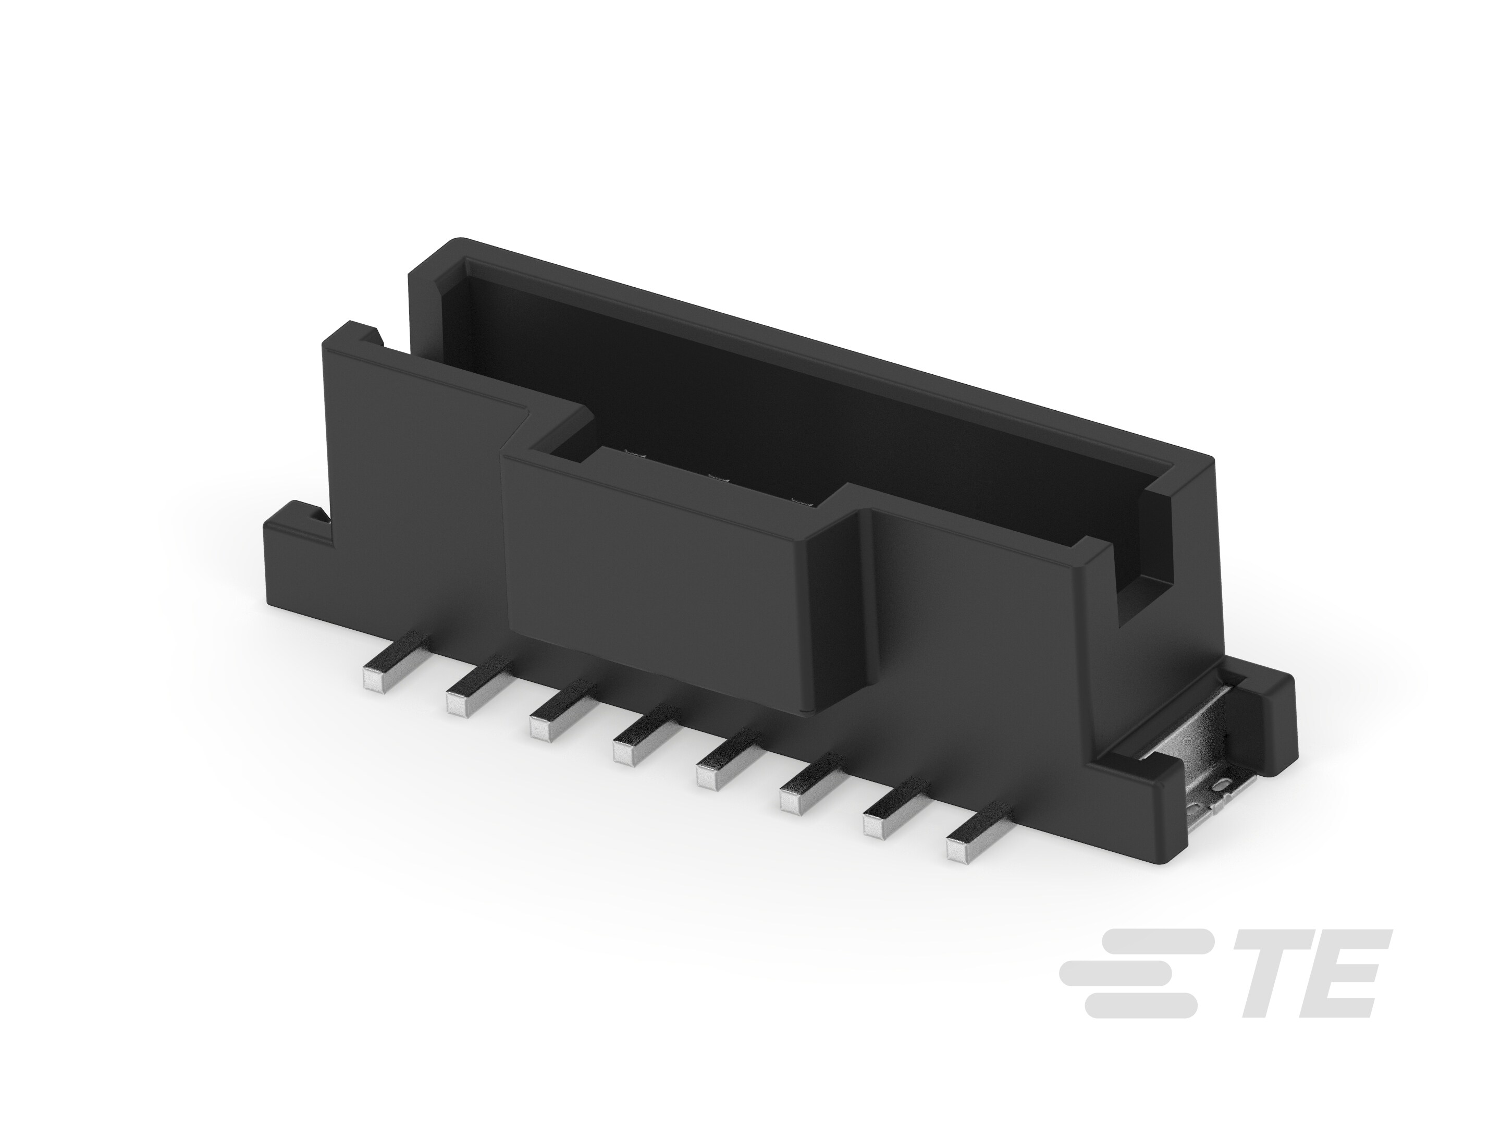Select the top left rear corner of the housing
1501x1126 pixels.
tap(434, 254)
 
